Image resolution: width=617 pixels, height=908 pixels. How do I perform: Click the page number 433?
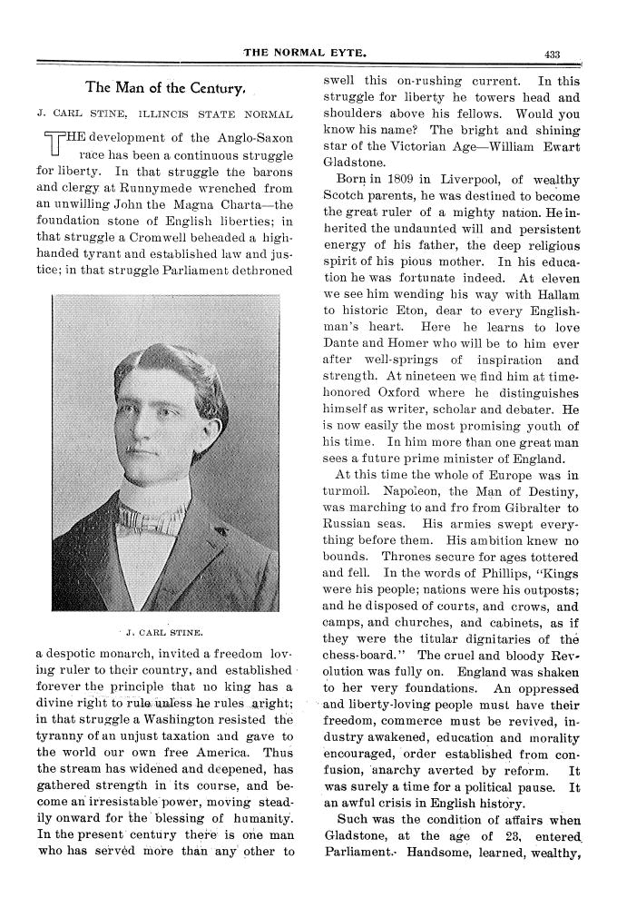553,54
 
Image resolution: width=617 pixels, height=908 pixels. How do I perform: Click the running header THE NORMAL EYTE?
306,54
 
